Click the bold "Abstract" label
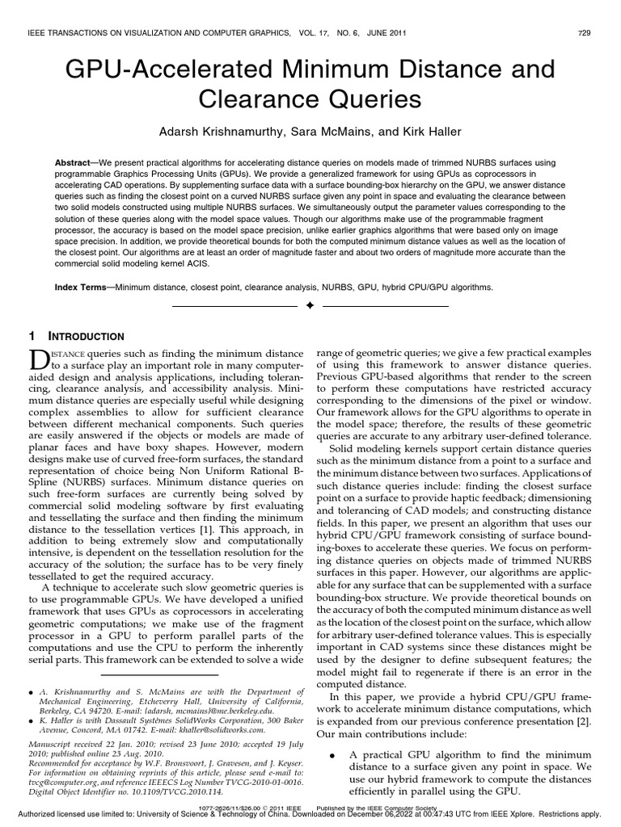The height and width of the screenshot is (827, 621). tap(72, 162)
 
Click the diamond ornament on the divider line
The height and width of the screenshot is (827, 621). tap(310, 307)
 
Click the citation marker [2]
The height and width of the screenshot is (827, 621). tap(581, 720)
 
